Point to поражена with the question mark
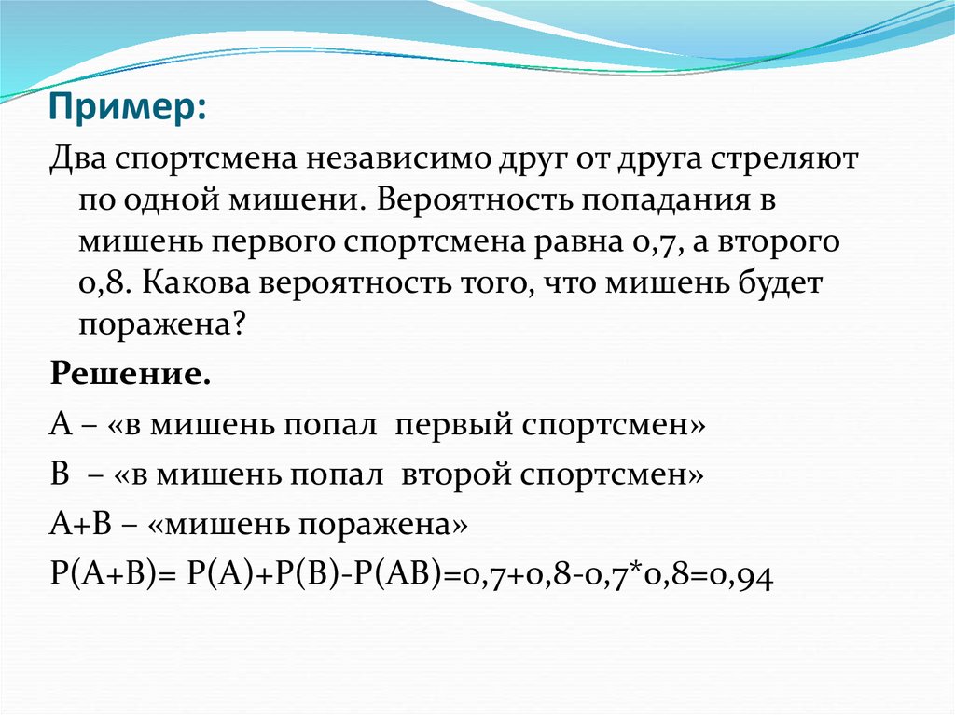click(164, 325)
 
